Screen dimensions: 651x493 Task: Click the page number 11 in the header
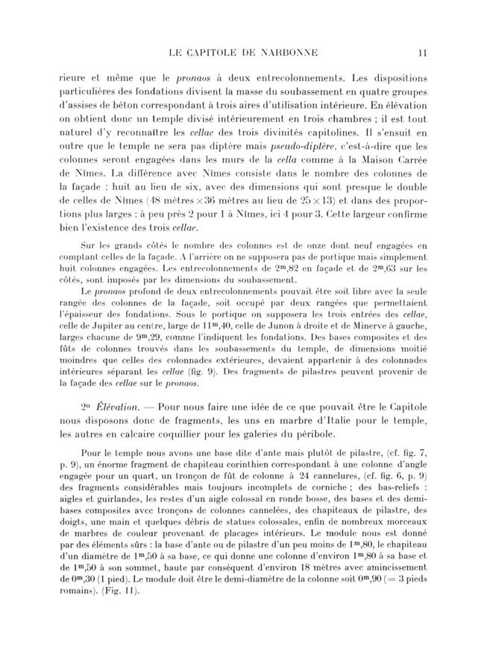[x=421, y=52]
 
